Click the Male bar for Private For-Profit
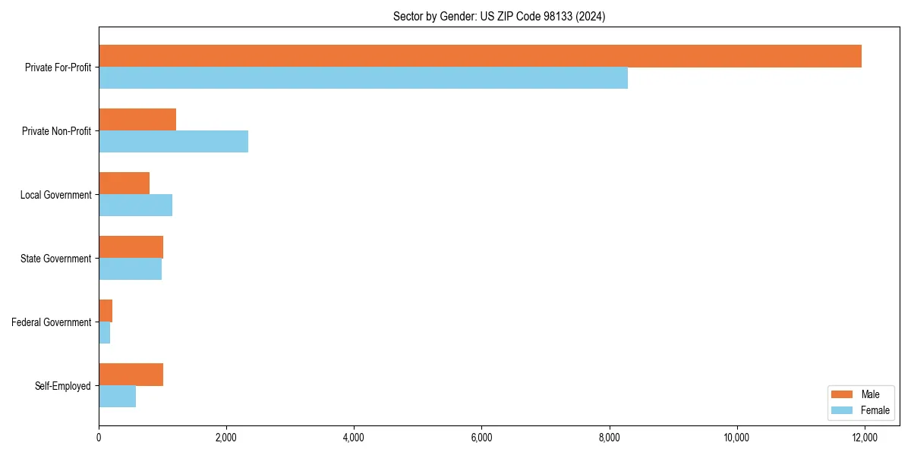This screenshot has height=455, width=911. (480, 56)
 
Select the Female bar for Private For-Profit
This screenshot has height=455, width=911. (363, 78)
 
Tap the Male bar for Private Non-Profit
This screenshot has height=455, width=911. (137, 120)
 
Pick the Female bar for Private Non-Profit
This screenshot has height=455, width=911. (173, 142)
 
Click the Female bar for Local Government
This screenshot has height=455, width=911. (135, 206)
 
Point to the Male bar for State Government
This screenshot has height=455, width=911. (131, 247)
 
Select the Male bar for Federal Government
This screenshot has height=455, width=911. (106, 311)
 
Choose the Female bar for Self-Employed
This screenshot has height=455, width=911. (117, 397)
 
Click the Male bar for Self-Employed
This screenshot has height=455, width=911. (131, 375)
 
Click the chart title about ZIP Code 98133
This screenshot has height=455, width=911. (499, 16)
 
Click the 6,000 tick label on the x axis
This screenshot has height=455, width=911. (481, 438)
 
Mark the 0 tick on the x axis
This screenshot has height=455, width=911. (99, 438)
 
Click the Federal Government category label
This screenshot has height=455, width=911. (52, 322)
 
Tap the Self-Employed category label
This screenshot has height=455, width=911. (63, 386)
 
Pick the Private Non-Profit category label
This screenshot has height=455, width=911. (56, 131)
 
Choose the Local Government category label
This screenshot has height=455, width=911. (55, 195)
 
